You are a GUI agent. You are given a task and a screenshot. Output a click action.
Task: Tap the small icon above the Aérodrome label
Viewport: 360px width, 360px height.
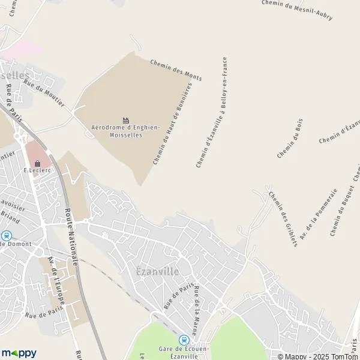click(x=125, y=121)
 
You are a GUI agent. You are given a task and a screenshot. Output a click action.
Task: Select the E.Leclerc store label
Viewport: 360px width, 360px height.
click(x=35, y=170)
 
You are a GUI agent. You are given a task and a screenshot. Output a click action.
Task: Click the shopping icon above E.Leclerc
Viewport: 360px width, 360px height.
click(x=37, y=162)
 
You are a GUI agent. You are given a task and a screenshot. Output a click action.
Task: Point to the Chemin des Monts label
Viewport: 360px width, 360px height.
click(x=176, y=69)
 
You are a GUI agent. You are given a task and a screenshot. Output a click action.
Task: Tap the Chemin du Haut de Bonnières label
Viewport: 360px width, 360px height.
click(x=172, y=125)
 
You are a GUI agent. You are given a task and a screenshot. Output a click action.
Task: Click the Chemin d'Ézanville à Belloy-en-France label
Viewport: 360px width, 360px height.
click(x=212, y=112)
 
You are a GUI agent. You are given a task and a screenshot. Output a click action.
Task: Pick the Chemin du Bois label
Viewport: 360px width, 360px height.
click(x=290, y=139)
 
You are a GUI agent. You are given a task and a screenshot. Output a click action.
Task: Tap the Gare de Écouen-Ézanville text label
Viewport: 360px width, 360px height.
click(x=178, y=352)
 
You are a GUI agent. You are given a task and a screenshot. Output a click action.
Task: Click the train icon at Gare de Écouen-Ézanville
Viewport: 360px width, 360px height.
click(x=184, y=340)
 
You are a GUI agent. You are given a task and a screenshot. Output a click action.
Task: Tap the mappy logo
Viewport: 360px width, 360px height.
click(x=19, y=353)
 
